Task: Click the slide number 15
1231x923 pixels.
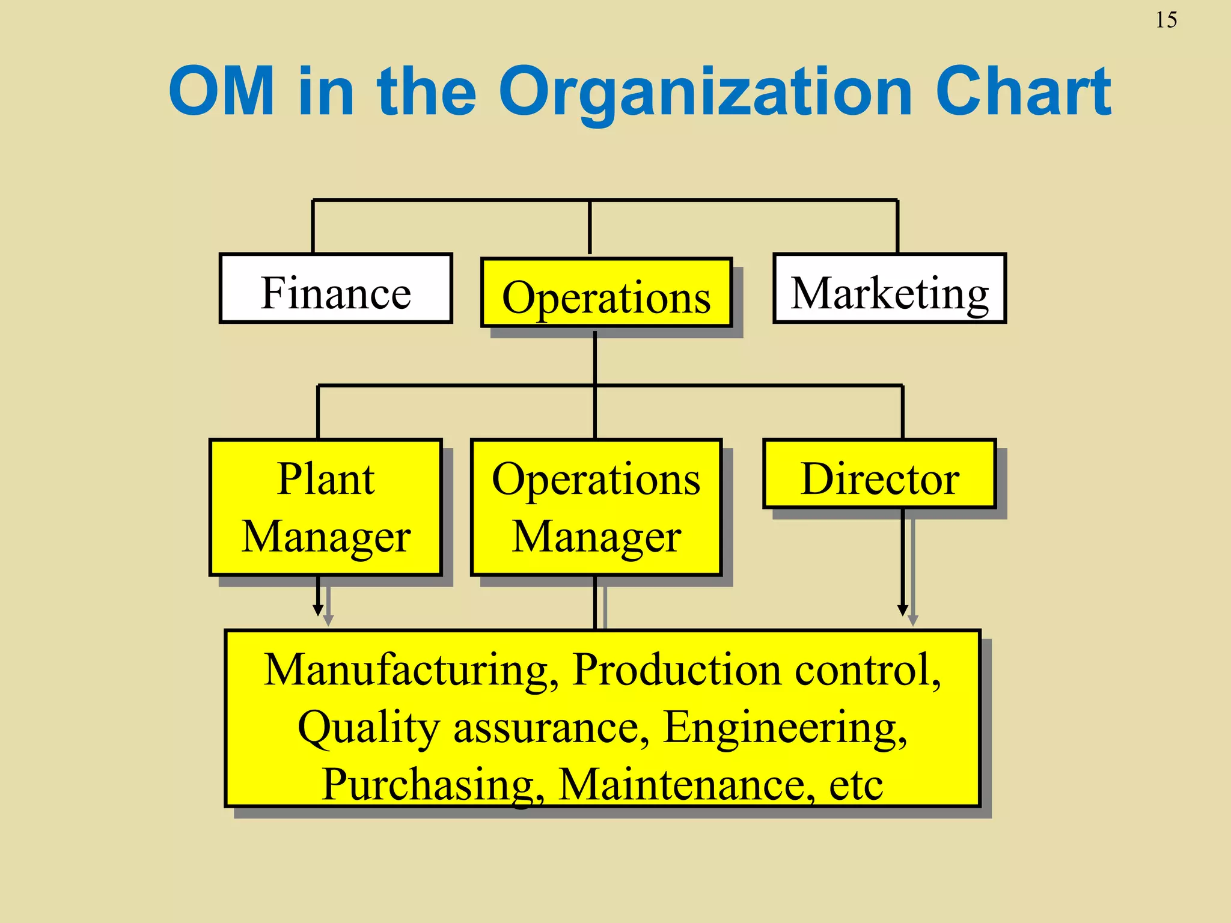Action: tap(1165, 20)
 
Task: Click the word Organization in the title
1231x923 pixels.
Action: tap(706, 93)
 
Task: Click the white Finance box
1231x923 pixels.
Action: tap(335, 289)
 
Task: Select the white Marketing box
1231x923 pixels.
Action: tap(889, 289)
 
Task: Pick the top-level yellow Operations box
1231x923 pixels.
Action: tap(606, 293)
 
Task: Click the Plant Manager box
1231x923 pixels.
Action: tap(326, 507)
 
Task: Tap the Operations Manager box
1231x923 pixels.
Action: tap(596, 507)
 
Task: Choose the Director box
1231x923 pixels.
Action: tap(879, 474)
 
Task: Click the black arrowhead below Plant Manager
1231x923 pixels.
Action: tap(318, 610)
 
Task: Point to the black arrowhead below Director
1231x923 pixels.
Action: tap(902, 610)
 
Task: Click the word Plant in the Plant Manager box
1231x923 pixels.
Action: tap(326, 479)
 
